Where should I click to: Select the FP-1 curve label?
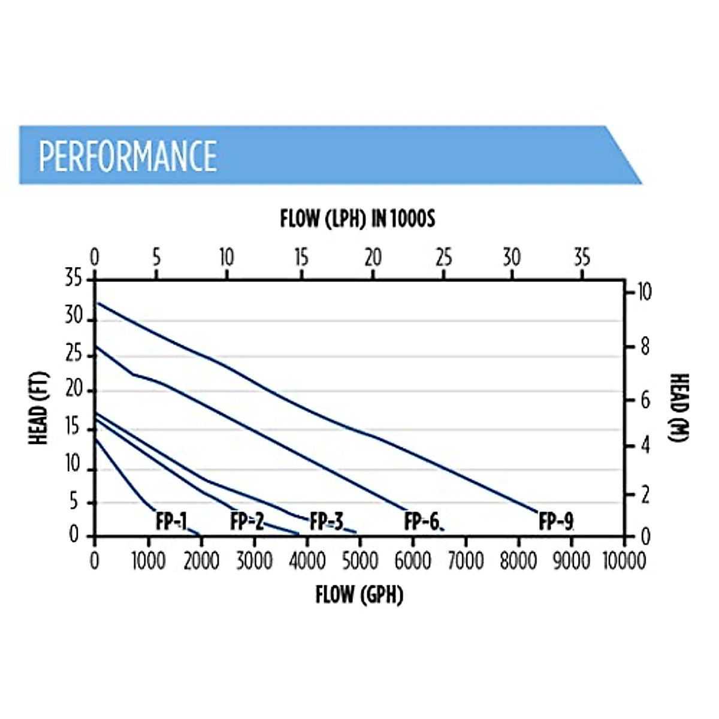tap(171, 522)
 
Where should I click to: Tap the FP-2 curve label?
tap(247, 522)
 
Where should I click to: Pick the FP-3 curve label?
tap(327, 522)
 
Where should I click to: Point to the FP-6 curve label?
tap(422, 522)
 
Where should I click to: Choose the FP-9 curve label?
tap(556, 522)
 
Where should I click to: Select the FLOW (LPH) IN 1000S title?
tap(358, 219)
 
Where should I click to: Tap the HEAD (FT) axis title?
tap(39, 408)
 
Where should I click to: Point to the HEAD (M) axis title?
tap(679, 408)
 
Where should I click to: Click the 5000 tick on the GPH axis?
tap(359, 561)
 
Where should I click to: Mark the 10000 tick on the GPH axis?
tap(624, 561)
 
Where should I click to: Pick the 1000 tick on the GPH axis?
tap(148, 561)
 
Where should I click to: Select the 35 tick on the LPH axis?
tap(582, 258)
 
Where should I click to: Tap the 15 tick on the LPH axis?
tap(301, 258)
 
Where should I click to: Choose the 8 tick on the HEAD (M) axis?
tap(645, 347)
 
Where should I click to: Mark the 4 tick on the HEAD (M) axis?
tap(645, 446)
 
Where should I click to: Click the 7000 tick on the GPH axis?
tap(466, 561)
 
